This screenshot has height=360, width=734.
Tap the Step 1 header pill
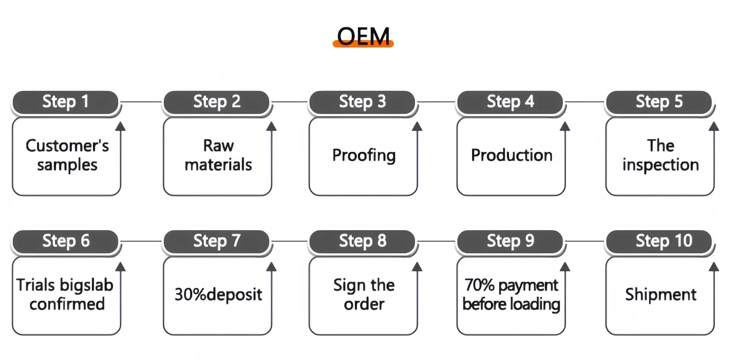65,102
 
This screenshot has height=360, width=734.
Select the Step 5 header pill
659,102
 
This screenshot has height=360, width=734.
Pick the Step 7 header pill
217,241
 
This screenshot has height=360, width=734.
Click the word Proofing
364,155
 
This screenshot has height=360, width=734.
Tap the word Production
512,155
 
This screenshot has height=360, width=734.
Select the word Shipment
660,295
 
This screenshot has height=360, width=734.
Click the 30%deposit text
218,295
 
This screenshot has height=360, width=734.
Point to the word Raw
218,146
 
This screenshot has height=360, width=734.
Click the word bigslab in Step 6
86,285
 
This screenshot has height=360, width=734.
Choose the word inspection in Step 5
660,165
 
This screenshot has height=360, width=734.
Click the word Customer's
67,146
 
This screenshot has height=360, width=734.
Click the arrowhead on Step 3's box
417,126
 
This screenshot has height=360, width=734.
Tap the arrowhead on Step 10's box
713,266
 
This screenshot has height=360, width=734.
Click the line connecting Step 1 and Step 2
141,102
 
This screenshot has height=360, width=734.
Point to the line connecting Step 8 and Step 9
436,241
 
